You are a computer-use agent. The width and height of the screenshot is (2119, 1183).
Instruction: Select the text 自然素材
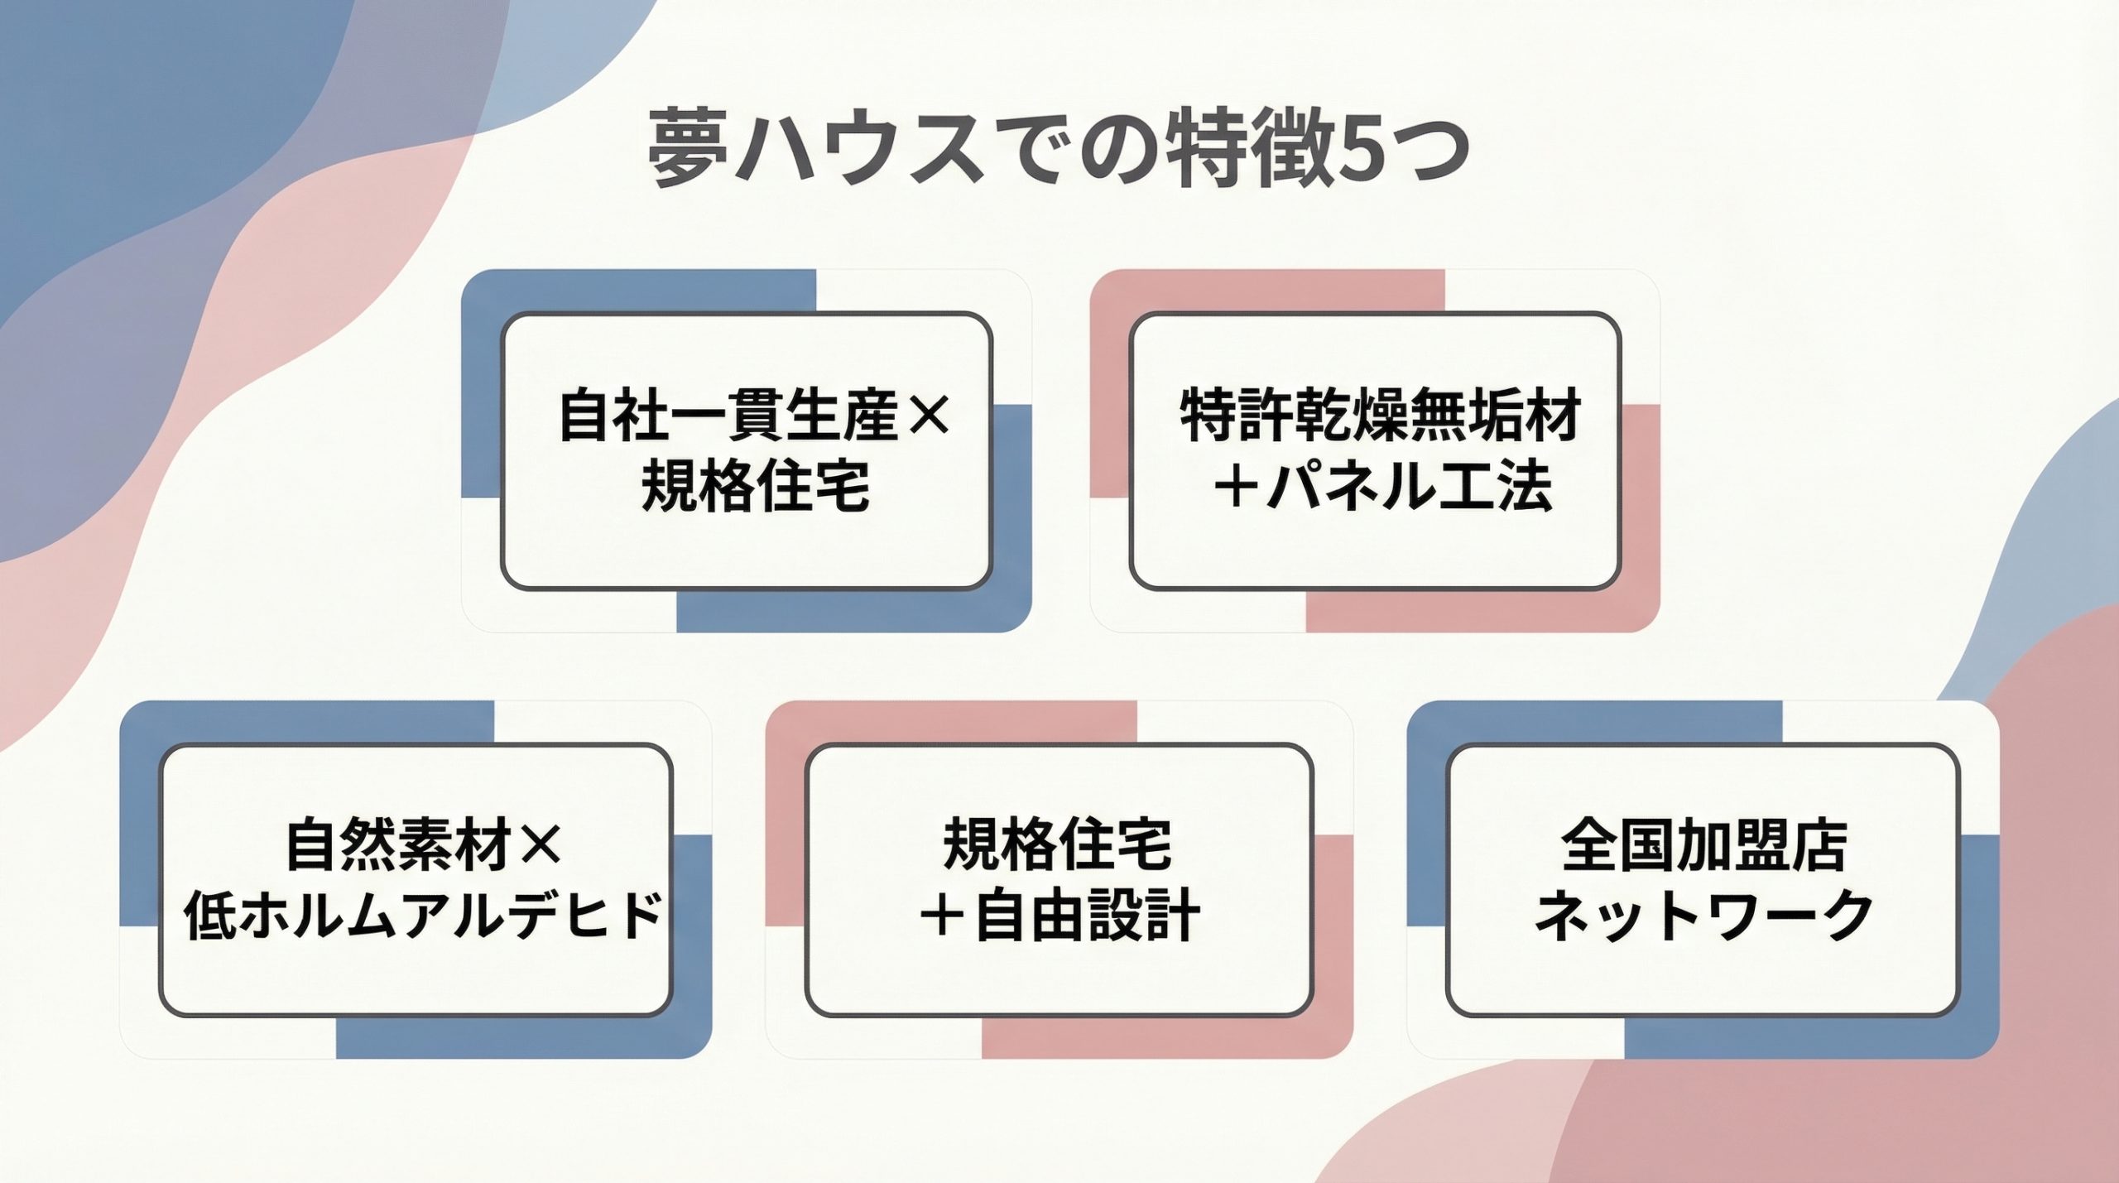click(x=397, y=845)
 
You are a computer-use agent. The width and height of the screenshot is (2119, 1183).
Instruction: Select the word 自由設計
click(x=1087, y=916)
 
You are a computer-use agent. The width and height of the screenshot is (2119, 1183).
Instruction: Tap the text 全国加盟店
click(x=1703, y=845)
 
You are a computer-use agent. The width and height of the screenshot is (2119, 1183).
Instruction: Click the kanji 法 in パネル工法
click(x=1524, y=485)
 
